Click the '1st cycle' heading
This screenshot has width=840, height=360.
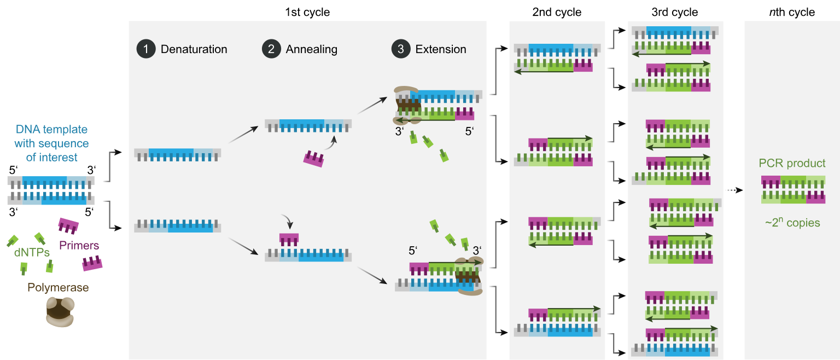[307, 11]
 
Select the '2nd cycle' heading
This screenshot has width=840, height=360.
[556, 11]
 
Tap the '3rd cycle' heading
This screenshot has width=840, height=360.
[675, 11]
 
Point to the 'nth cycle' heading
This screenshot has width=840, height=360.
[791, 11]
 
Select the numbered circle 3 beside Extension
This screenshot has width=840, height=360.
[400, 49]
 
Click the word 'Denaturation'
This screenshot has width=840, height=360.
[194, 49]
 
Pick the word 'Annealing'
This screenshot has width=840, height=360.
[311, 49]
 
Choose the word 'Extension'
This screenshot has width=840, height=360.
[440, 49]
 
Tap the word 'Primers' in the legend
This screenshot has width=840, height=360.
[79, 245]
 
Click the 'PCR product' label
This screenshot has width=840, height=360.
[792, 164]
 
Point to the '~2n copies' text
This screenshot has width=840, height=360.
[792, 223]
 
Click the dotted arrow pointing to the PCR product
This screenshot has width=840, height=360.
[734, 190]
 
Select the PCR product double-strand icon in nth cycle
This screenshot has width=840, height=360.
[793, 190]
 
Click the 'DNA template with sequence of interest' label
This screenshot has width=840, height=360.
[51, 143]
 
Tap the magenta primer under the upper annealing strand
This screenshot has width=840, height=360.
[313, 159]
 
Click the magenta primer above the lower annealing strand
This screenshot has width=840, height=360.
[289, 240]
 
